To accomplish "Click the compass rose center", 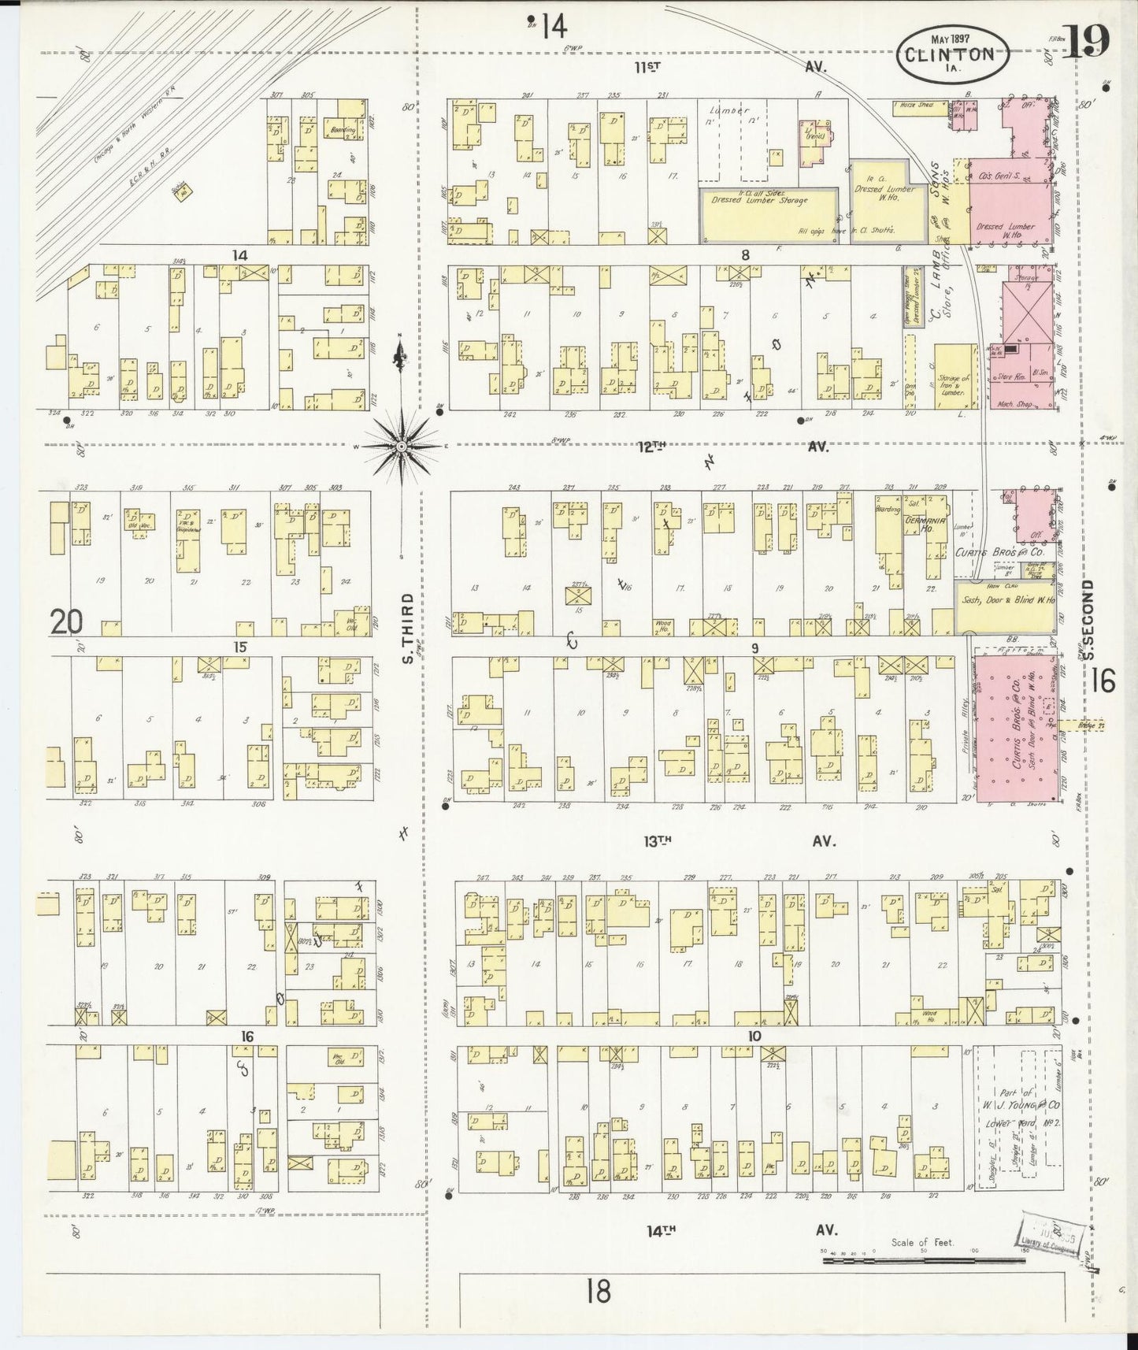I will coord(402,446).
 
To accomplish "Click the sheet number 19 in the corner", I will coord(1088,41).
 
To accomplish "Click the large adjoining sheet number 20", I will coord(67,623).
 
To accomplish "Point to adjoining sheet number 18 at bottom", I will coord(599,1292).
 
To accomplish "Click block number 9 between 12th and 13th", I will coord(754,648).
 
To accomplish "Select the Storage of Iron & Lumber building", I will coord(955,376).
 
